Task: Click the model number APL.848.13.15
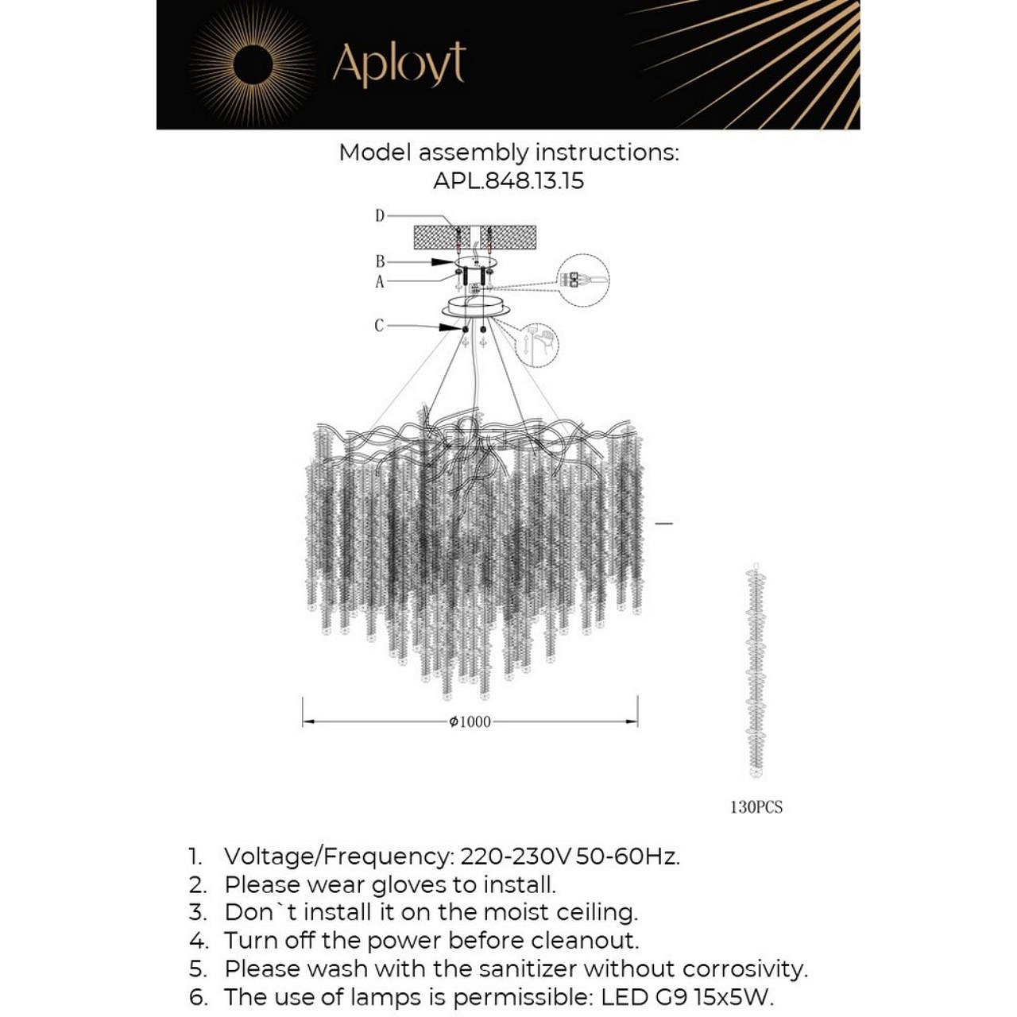[x=508, y=181]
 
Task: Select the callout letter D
[x=380, y=215]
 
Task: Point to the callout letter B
[x=381, y=261]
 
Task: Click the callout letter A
[x=380, y=281]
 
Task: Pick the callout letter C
[x=379, y=326]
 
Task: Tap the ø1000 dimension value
[x=470, y=722]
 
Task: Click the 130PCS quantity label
[x=756, y=807]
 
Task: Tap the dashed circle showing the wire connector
[x=583, y=280]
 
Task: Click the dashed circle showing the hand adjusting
[x=536, y=346]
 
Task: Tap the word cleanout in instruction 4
[x=585, y=941]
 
